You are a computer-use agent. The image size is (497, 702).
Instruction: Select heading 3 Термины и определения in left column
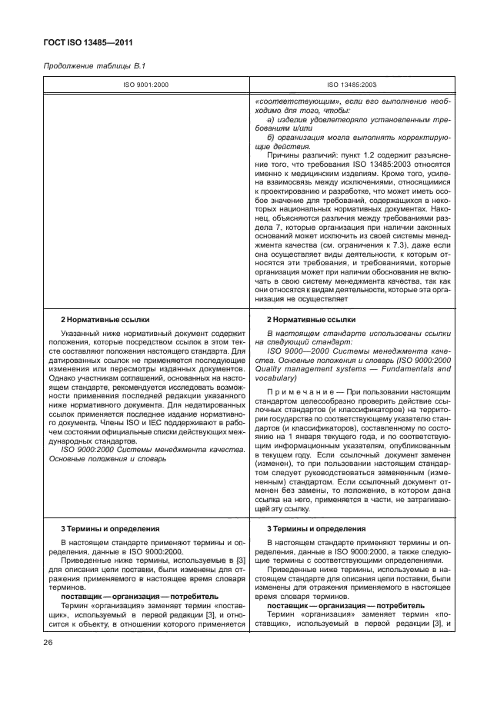click(98, 530)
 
